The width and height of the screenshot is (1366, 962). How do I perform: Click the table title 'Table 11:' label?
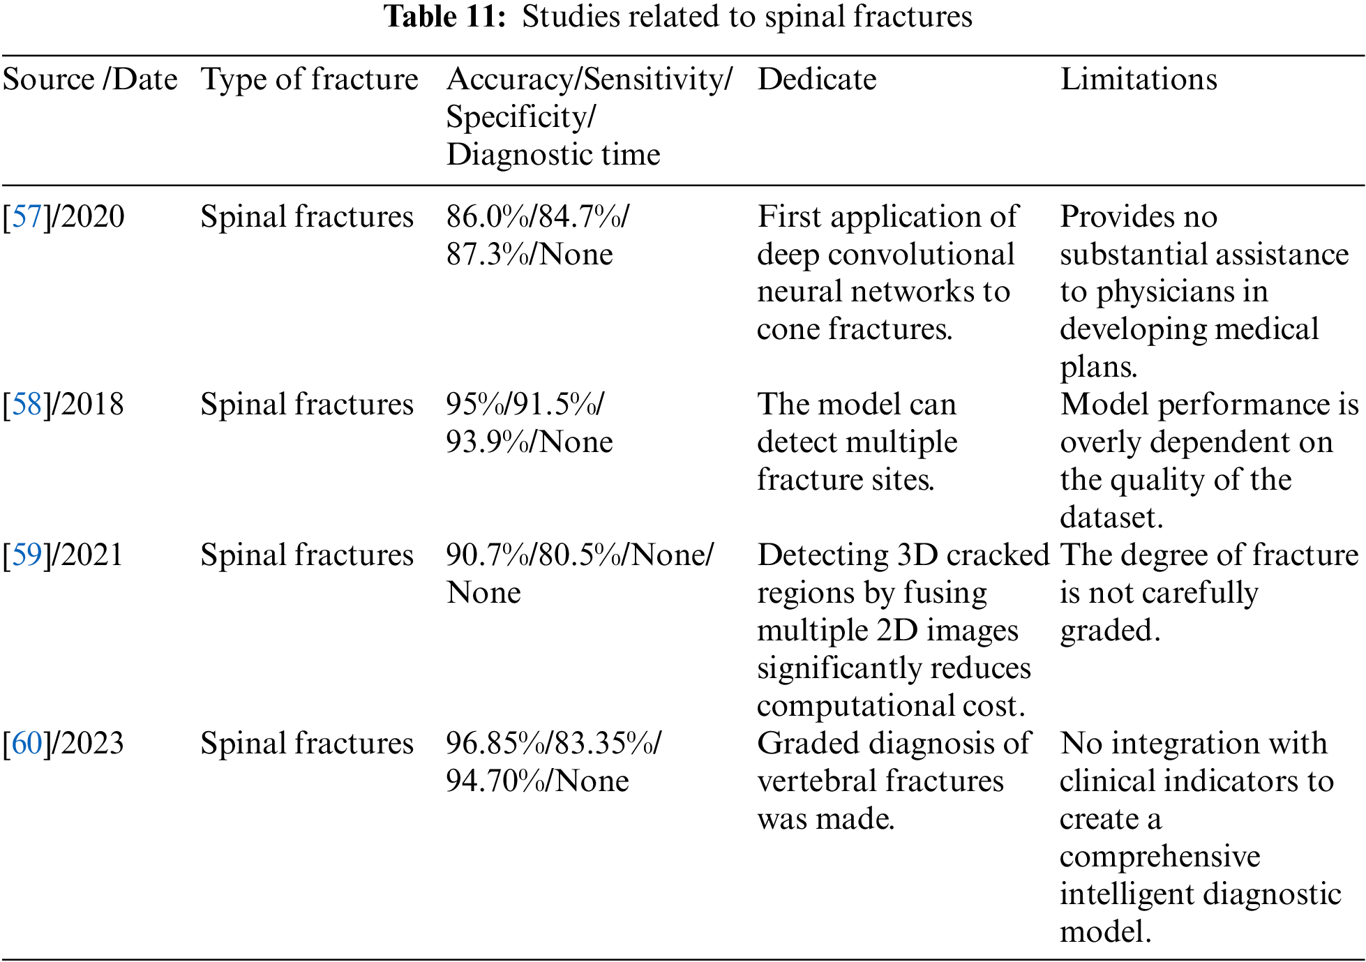pos(444,17)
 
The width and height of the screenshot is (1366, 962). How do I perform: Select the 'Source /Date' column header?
pos(90,80)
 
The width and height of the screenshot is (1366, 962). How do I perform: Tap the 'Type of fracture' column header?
pos(309,80)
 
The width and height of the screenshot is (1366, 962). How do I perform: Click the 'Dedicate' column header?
pos(816,80)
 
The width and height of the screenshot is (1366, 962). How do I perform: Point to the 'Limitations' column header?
pos(1139,80)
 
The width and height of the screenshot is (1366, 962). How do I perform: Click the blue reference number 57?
pos(27,217)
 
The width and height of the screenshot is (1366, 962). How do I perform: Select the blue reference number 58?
pos(27,405)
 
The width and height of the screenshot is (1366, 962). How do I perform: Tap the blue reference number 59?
pos(27,555)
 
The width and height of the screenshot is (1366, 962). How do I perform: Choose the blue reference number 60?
pos(27,744)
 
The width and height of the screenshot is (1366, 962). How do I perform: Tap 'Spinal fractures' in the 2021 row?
pos(307,555)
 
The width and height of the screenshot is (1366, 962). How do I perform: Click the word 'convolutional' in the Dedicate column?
pos(921,255)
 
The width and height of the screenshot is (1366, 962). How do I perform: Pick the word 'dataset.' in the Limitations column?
pos(1111,518)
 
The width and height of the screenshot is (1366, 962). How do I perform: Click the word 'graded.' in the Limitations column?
pos(1110,631)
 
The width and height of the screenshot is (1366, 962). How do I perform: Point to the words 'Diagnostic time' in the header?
pos(553,155)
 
